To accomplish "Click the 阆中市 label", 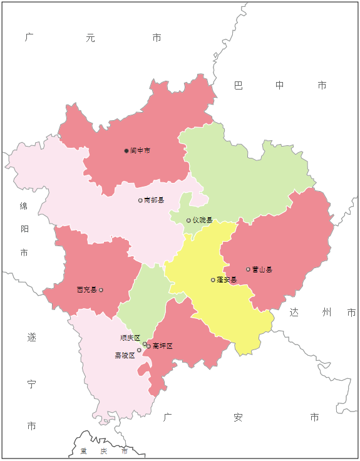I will (x=140, y=151).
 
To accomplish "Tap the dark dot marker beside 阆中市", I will (x=126, y=151).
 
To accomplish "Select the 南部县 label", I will (x=154, y=200).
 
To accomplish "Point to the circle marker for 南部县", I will (x=140, y=200).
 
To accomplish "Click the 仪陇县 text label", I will (x=202, y=220).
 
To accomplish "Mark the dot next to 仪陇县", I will (x=188, y=220).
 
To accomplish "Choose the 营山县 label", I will (x=262, y=270).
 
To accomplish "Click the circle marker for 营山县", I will (x=248, y=269).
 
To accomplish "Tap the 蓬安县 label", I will (x=227, y=280).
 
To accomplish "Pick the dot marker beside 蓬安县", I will (x=213, y=280).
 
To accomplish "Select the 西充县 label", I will (x=87, y=290).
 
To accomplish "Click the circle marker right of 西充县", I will (x=101, y=290).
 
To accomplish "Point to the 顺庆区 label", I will (x=130, y=338).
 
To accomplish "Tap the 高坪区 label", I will (x=162, y=346).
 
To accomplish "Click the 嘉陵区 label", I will (x=124, y=355).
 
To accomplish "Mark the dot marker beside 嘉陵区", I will (x=139, y=351).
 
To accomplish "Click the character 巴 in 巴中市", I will (x=239, y=85).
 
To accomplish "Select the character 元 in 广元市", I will (x=91, y=38).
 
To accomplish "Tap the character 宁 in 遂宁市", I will (x=31, y=384).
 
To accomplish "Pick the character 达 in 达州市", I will (x=294, y=312).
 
